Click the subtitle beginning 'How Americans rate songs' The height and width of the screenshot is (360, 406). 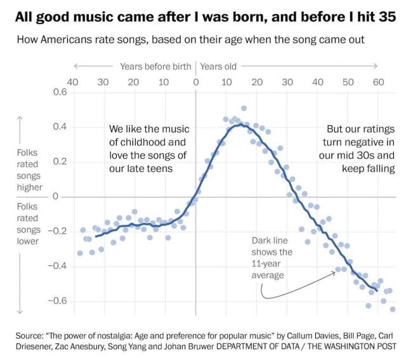190,40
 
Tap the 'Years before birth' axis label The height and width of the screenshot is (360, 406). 155,66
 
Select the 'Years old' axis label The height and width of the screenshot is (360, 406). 218,66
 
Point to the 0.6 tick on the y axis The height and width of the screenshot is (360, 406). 59,92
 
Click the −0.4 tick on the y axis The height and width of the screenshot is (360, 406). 56,265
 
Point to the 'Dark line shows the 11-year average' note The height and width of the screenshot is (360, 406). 272,254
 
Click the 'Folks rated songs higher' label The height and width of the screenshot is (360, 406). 30,170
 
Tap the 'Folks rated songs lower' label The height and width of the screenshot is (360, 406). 30,223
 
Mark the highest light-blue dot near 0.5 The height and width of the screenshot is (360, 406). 244,109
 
